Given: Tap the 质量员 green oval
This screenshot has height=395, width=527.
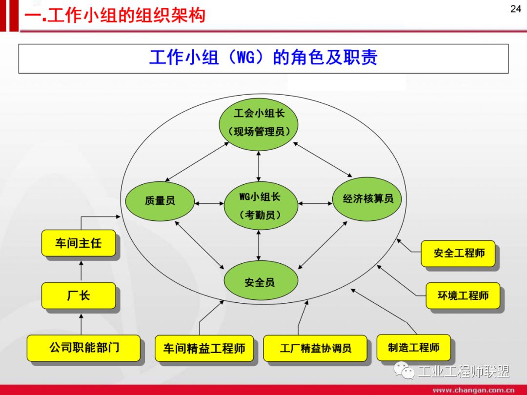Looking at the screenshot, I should pos(160,200).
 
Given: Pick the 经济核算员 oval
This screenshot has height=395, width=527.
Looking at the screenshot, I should pos(368,198).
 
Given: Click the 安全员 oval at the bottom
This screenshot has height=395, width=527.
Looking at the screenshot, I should pos(260,281).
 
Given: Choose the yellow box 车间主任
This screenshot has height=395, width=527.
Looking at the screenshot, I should pos(79,243).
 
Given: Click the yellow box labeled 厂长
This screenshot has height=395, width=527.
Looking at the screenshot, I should pos(79,296).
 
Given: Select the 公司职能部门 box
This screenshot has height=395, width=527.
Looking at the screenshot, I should pos(83,348).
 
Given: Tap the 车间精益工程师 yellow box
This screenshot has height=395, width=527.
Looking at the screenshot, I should pos(204,348).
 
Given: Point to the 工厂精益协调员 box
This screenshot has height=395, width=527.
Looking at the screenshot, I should pos(315,348).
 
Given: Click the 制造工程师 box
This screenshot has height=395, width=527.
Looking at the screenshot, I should pos(413,347).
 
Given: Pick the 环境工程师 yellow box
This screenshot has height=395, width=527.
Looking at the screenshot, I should pos(463,296).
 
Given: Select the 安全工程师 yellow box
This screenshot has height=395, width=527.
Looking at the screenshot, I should pos(458,253).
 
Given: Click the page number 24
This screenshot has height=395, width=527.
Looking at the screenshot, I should pos(515,9).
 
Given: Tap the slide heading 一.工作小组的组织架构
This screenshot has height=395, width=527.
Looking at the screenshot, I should pos(115,15).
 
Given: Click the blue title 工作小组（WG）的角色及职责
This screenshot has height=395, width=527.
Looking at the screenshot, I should pos(263,58).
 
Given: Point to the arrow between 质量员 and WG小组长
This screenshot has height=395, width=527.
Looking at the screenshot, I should pos(209,203).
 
